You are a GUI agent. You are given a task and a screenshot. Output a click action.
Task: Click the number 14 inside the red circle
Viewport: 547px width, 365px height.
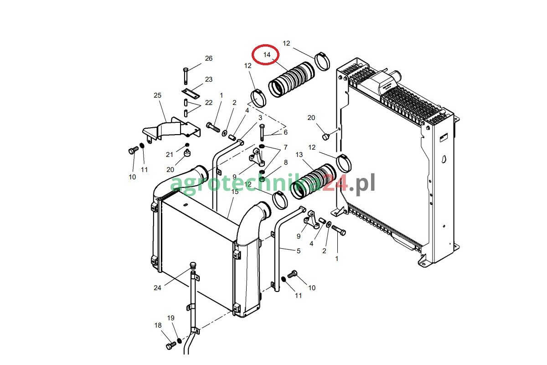tap(267, 55)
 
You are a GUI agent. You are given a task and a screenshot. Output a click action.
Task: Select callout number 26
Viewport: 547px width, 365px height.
tap(209, 58)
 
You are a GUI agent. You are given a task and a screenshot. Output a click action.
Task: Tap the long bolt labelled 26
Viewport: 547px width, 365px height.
tap(186, 76)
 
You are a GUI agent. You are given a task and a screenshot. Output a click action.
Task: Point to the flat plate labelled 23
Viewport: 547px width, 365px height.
tap(191, 94)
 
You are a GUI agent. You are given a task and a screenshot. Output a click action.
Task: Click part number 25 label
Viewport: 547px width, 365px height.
tap(158, 95)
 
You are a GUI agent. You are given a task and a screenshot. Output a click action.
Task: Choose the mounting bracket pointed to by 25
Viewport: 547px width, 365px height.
tap(171, 129)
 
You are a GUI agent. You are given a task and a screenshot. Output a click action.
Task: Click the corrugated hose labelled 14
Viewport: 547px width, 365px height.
tap(292, 79)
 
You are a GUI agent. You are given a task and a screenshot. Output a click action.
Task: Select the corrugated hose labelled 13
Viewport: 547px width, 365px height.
tap(313, 181)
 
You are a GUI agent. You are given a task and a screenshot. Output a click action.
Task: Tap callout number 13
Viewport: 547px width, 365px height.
tap(299, 155)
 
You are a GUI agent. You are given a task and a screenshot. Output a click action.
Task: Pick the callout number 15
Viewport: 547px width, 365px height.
tap(235, 192)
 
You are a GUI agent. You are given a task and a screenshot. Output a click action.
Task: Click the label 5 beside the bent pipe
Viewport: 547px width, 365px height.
tap(299, 251)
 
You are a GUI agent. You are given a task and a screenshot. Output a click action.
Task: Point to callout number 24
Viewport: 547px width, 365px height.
tap(158, 288)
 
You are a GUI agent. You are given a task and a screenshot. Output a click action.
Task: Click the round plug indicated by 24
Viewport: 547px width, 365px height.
tap(193, 266)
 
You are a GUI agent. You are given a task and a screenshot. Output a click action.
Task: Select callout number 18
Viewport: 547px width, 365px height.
tap(158, 325)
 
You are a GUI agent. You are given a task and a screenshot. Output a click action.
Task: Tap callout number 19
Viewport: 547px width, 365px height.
tap(170, 318)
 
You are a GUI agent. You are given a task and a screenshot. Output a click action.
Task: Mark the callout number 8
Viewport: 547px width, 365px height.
tap(286, 162)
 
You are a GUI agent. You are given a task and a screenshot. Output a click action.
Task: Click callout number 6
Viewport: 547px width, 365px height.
tap(285, 132)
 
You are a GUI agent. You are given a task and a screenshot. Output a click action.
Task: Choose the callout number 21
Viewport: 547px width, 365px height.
tap(170, 155)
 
